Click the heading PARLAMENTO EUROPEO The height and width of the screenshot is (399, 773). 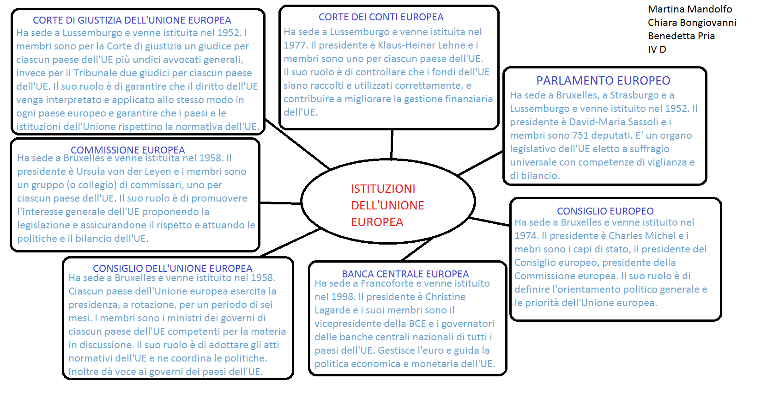[x=603, y=80]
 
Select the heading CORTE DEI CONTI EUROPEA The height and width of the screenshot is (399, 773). [x=381, y=17]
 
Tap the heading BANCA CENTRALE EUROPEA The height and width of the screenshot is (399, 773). [x=405, y=274]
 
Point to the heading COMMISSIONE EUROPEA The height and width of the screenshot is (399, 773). [x=128, y=150]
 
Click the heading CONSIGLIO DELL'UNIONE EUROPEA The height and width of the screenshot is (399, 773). [x=173, y=269]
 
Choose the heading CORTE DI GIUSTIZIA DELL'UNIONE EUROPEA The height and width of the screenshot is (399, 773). [x=132, y=20]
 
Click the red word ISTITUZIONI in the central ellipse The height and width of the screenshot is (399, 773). [x=383, y=189]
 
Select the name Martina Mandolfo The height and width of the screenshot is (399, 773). [x=690, y=9]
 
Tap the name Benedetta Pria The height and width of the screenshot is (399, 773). [x=681, y=36]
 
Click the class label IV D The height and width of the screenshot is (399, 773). [x=657, y=49]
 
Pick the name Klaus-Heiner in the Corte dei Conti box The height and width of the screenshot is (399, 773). [x=406, y=45]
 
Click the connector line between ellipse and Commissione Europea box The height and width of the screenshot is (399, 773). [x=281, y=203]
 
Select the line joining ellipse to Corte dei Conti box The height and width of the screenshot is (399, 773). [x=392, y=144]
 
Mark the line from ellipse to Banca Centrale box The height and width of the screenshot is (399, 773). [x=417, y=249]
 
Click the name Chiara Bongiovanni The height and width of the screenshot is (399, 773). [x=692, y=23]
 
